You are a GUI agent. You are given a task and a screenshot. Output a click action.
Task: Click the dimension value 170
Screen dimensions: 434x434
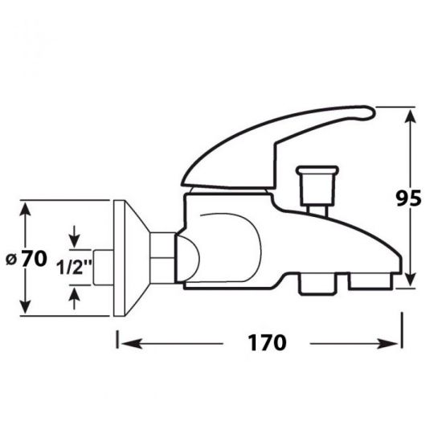coord(267,343)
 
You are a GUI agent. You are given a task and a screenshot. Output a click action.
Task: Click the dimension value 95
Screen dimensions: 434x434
coord(408,198)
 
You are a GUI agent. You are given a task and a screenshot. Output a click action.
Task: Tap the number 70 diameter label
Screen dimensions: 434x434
coord(34,259)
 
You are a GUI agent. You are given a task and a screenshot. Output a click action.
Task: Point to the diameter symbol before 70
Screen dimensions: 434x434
coord(11,260)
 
